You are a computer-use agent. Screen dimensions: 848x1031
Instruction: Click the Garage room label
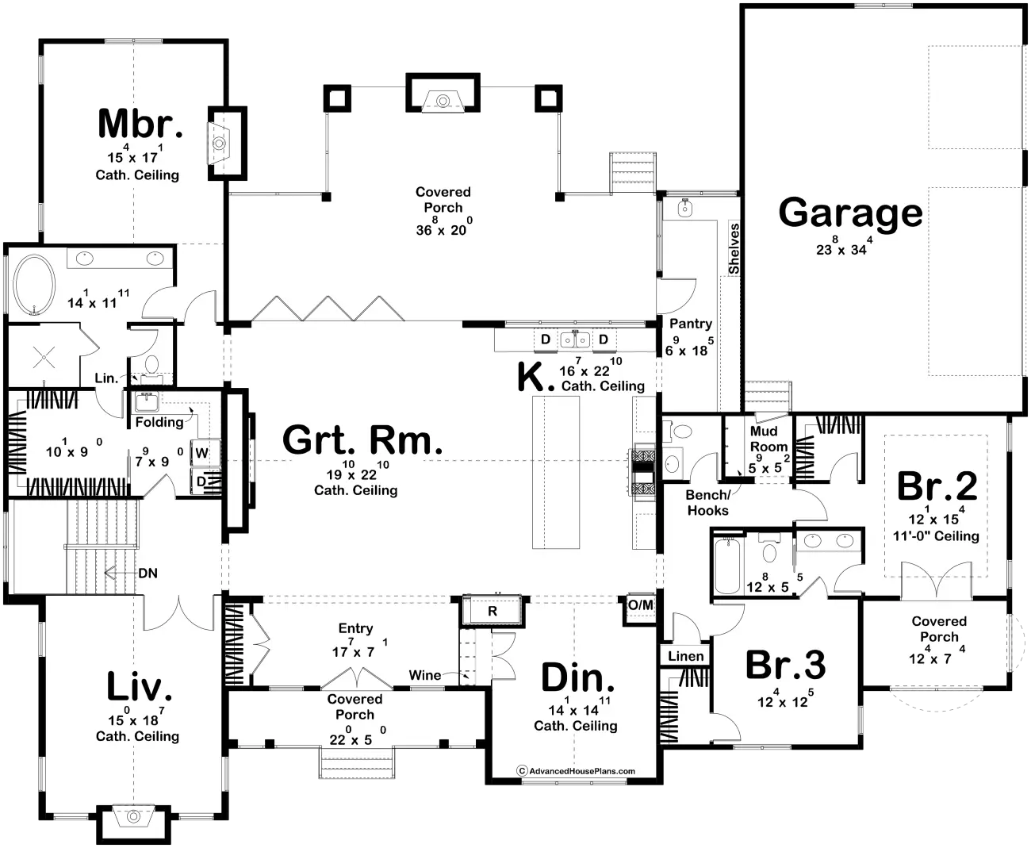point(850,213)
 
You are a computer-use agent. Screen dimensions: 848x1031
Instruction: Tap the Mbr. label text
point(140,125)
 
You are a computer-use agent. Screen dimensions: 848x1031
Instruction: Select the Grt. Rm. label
point(362,440)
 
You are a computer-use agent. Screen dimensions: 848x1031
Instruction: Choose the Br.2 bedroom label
point(937,485)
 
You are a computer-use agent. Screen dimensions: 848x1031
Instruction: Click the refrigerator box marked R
point(492,611)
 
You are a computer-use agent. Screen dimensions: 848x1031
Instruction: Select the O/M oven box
point(641,605)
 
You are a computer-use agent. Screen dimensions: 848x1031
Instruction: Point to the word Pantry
point(690,324)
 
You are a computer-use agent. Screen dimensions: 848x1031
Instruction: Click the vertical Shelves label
point(734,249)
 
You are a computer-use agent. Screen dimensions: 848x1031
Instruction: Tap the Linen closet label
point(685,656)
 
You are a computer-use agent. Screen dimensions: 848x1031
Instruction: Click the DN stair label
point(148,572)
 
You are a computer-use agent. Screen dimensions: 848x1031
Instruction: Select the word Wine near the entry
point(425,675)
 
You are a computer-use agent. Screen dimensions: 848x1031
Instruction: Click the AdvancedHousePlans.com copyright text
point(576,770)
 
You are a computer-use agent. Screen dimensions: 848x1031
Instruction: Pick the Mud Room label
point(768,439)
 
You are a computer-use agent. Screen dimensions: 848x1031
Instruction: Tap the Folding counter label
point(159,422)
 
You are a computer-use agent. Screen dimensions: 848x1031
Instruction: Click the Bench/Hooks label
point(707,503)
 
